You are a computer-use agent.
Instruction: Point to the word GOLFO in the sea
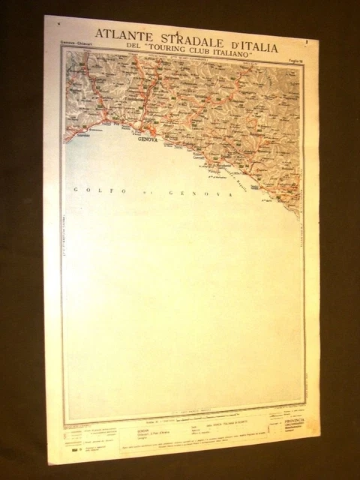pyautogui.click(x=88, y=190)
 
